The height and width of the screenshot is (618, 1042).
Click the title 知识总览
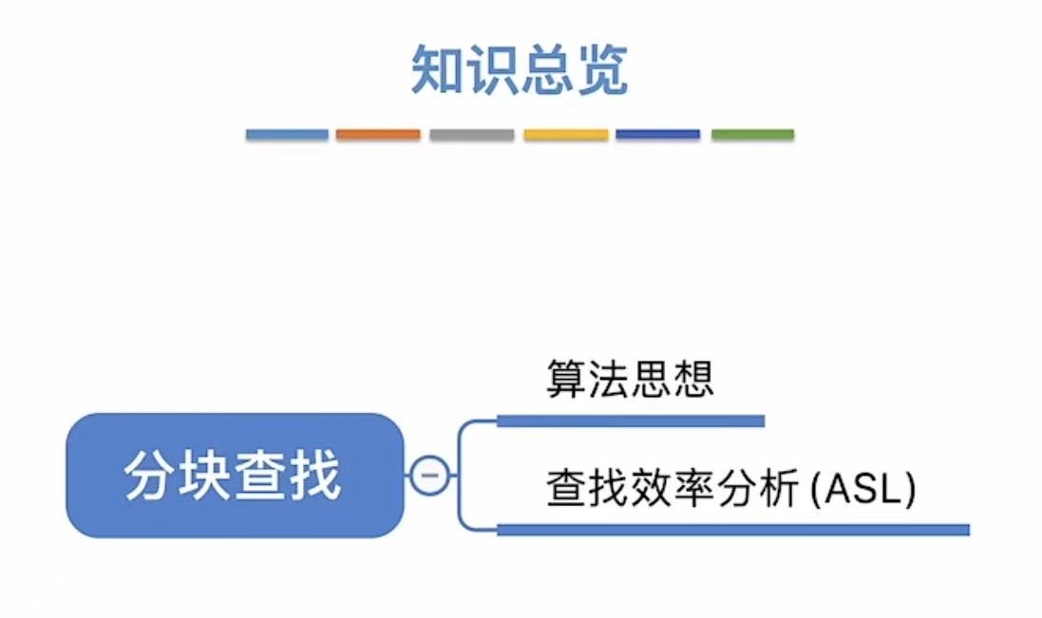pyautogui.click(x=520, y=70)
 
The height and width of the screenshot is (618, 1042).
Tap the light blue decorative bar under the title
pyautogui.click(x=287, y=135)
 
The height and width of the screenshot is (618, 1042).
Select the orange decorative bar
pyautogui.click(x=378, y=135)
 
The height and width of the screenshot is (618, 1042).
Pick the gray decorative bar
pyautogui.click(x=471, y=135)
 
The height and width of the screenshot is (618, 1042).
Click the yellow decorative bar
pyautogui.click(x=565, y=135)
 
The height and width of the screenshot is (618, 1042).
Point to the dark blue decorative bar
pyautogui.click(x=657, y=135)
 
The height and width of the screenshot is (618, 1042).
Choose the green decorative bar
pyautogui.click(x=752, y=135)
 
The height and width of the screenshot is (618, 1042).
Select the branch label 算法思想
pyautogui.click(x=630, y=378)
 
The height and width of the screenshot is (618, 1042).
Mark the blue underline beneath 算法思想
pyautogui.click(x=631, y=421)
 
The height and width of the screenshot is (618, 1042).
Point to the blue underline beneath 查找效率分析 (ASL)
pyautogui.click(x=732, y=530)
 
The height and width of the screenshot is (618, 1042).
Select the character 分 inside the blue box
pyautogui.click(x=152, y=476)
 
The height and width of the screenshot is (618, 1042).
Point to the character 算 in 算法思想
pyautogui.click(x=566, y=378)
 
